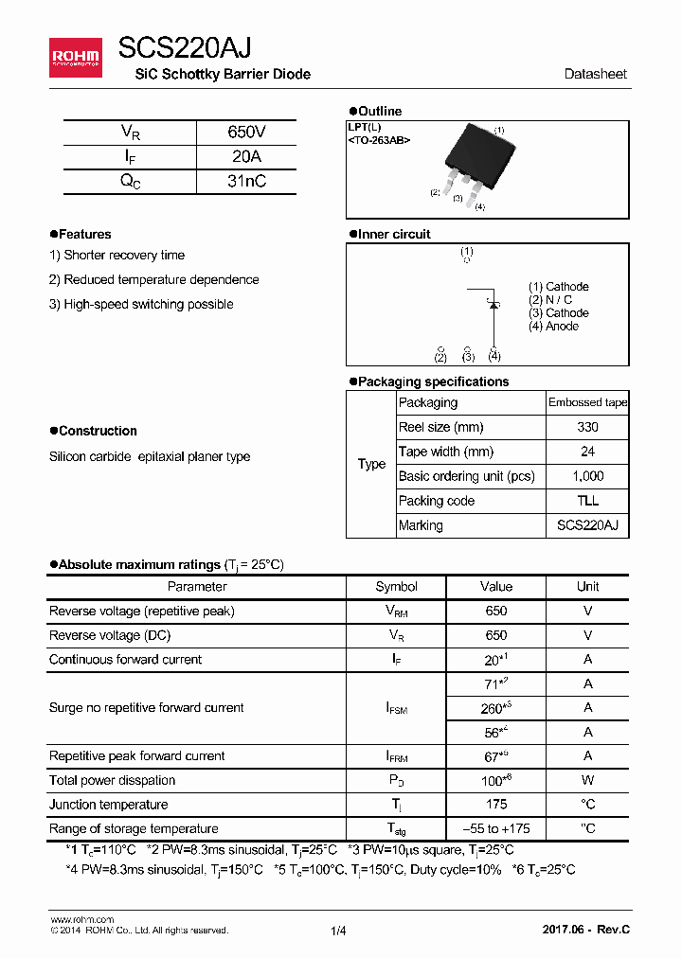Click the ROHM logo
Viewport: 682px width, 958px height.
[x=75, y=59]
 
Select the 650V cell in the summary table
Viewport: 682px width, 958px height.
[x=246, y=133]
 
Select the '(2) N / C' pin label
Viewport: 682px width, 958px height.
[x=550, y=300]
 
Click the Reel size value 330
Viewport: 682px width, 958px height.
[x=587, y=427]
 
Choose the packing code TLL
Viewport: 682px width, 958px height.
[x=587, y=501]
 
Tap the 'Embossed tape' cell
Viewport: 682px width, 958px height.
[x=587, y=402]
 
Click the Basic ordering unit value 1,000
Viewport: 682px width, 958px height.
[x=587, y=476]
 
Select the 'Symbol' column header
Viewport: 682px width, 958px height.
[x=396, y=587]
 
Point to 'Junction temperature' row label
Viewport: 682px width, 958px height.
[x=108, y=805]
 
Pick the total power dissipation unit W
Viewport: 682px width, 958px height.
[x=587, y=780]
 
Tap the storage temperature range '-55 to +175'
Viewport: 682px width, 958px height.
[x=495, y=829]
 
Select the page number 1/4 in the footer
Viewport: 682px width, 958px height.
[x=338, y=931]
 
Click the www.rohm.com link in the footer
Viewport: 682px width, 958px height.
[x=81, y=919]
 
